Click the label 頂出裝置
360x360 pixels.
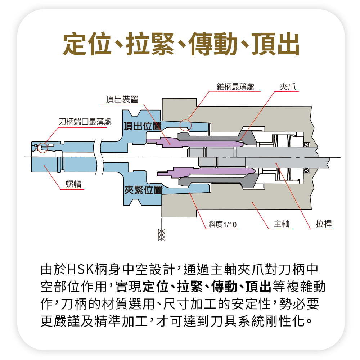122,99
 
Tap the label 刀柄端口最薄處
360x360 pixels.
85,122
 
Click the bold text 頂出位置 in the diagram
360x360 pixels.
142,126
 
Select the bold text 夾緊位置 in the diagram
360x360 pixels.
143,190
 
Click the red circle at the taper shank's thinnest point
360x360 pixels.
185,125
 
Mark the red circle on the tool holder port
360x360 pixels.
43,148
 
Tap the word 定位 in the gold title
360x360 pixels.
85,44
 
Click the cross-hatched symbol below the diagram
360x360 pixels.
162,234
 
